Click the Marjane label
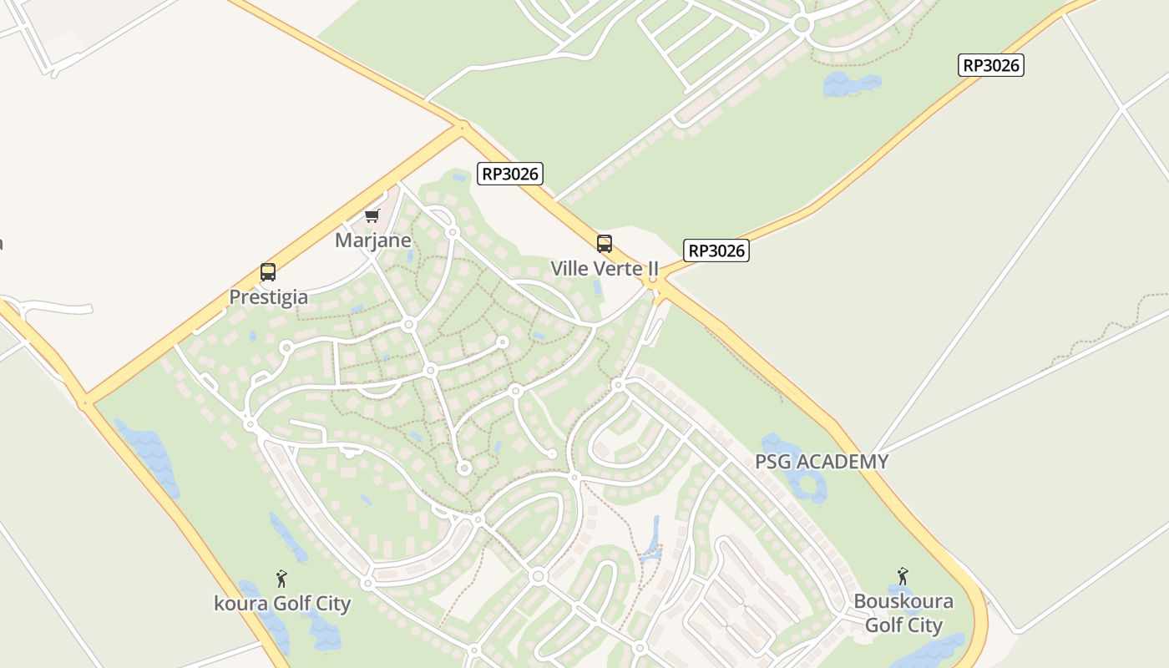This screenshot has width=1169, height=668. click(373, 240)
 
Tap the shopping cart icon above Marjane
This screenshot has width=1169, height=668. click(372, 216)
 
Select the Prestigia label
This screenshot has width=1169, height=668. click(269, 297)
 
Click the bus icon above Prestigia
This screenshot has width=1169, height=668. click(268, 272)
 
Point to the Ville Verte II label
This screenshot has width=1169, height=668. click(605, 269)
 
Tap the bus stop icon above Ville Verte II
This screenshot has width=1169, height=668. click(605, 244)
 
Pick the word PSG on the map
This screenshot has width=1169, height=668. click(772, 462)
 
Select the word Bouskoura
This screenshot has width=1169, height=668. click(903, 602)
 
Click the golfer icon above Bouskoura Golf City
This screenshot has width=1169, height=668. click(903, 576)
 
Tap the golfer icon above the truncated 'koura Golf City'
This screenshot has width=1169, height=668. click(281, 578)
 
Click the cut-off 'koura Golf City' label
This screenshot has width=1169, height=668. click(282, 604)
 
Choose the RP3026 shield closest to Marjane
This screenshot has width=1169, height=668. click(510, 174)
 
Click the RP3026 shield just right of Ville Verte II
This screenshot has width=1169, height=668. click(716, 250)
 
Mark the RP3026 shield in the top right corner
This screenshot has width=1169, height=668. click(991, 65)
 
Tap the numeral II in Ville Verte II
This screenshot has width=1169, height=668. click(651, 269)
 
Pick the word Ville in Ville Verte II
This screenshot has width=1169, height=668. click(569, 269)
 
